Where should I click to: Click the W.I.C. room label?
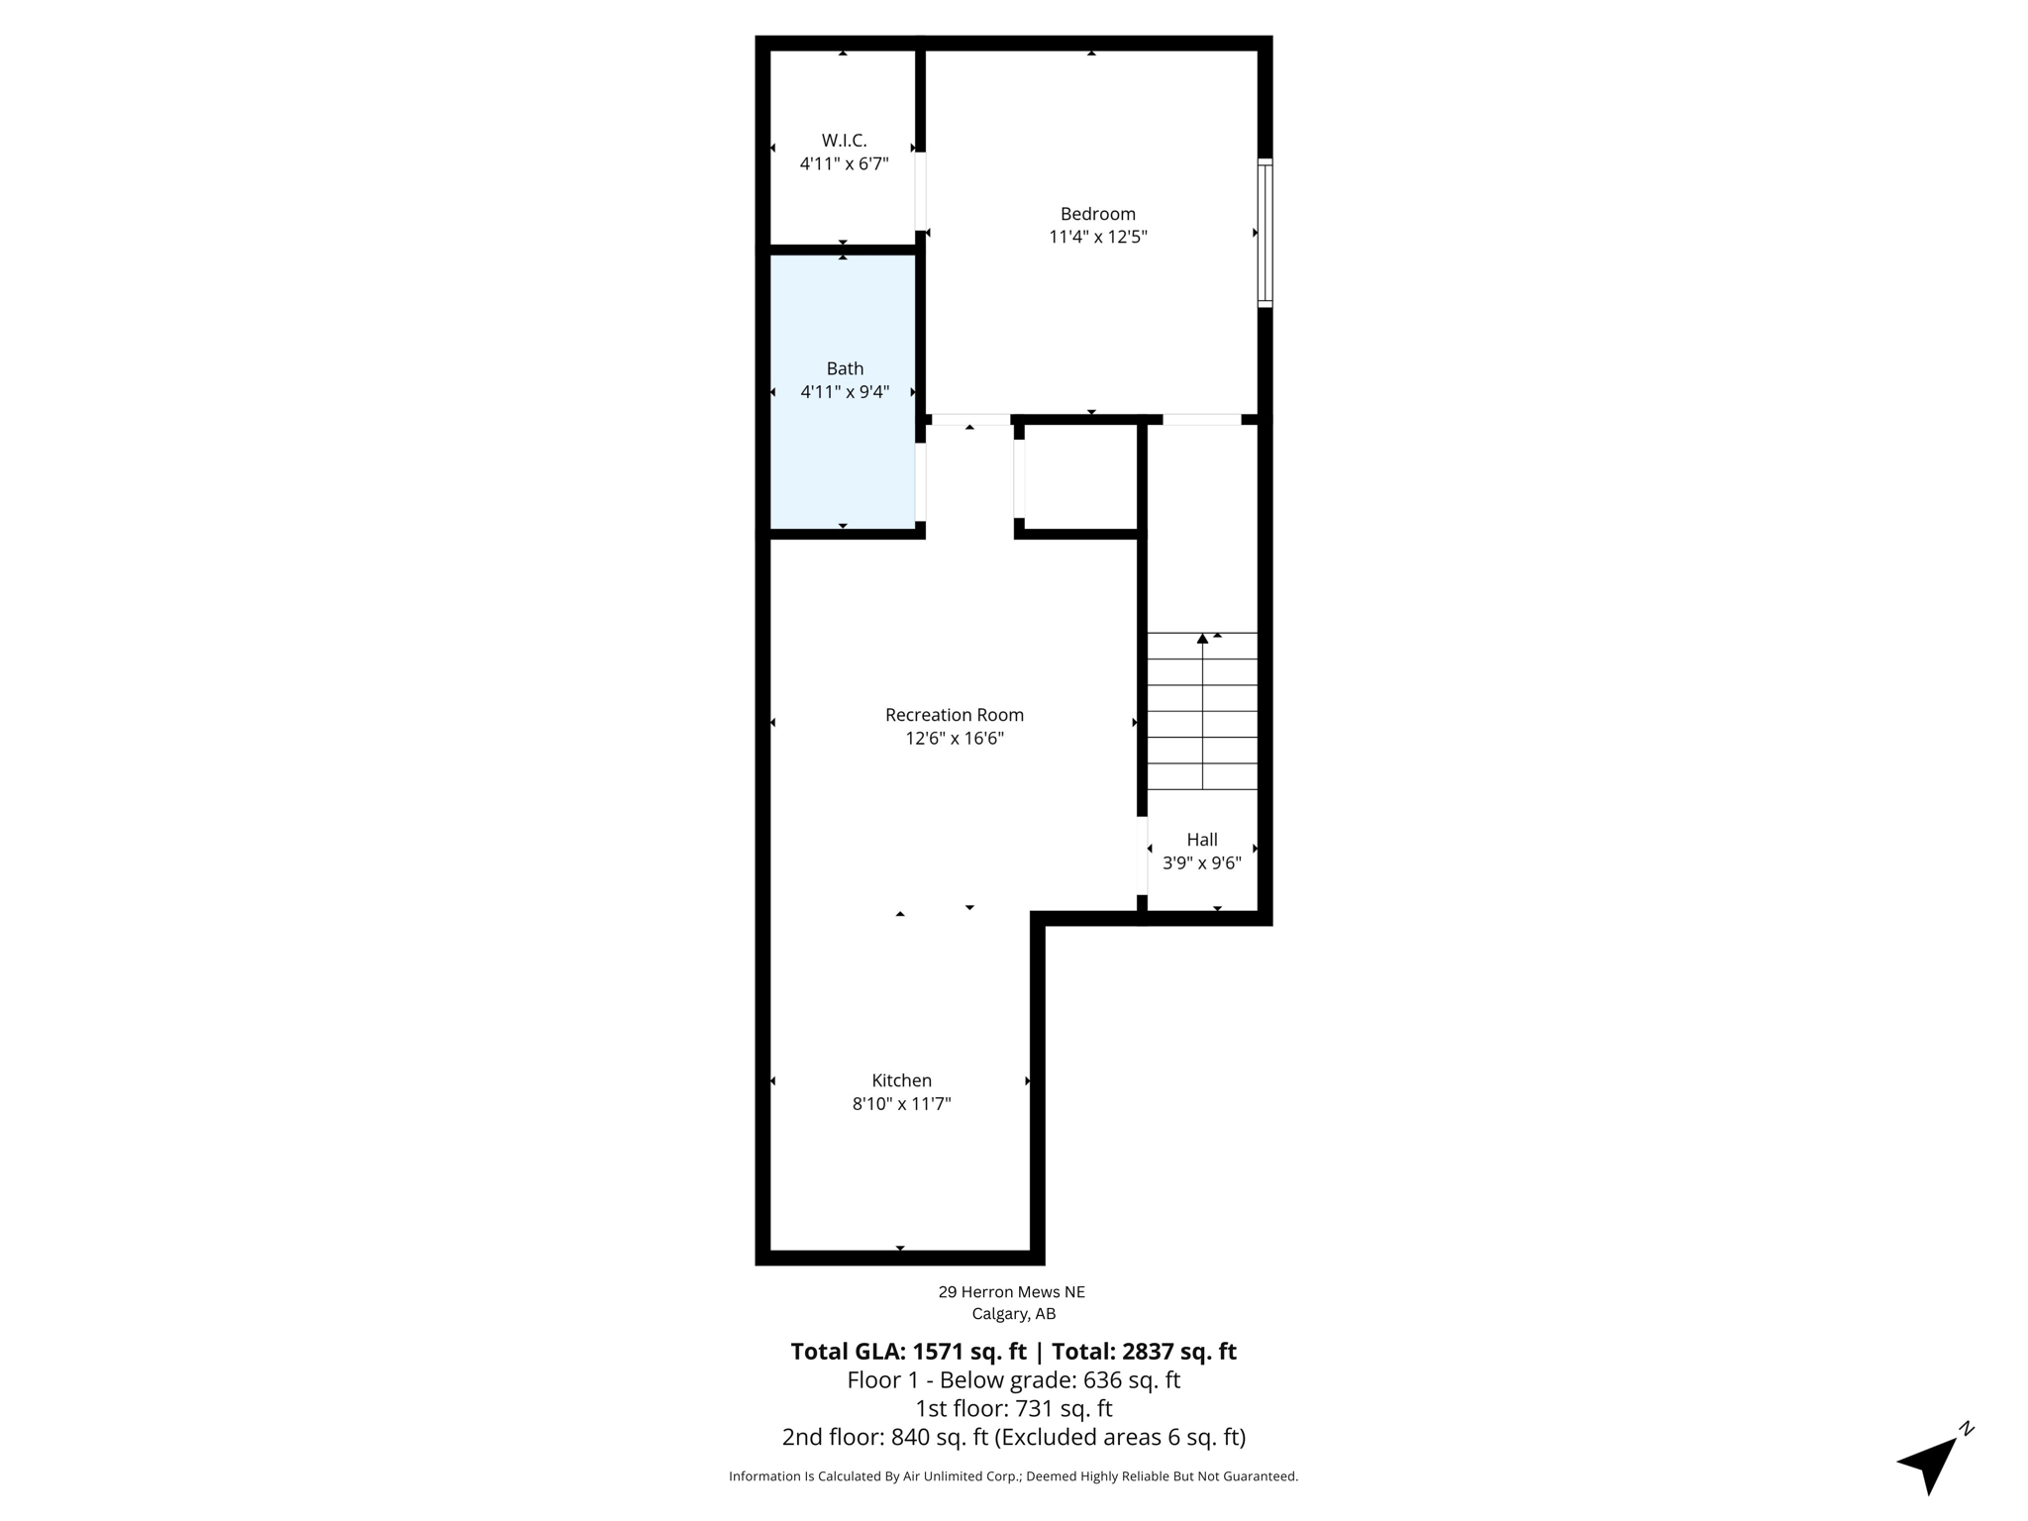(x=844, y=141)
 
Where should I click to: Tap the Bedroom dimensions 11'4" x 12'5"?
(x=1097, y=237)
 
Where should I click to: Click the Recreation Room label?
(x=954, y=715)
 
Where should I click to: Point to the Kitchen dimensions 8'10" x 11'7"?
(x=901, y=1104)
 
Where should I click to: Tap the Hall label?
(x=1201, y=840)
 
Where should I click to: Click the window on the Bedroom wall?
(x=1265, y=233)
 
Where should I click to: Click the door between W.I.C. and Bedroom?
(x=920, y=190)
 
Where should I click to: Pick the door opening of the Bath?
(x=920, y=481)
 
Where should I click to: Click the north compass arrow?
(x=1930, y=1464)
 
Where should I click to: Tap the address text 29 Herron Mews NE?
(x=1011, y=1292)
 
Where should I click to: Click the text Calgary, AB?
(x=1013, y=1315)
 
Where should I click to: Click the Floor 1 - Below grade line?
(x=1013, y=1380)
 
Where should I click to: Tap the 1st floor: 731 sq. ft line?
(x=1013, y=1408)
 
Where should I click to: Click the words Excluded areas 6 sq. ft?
(x=1119, y=1437)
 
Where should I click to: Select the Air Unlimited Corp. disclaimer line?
(x=1013, y=1476)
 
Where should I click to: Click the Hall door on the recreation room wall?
(x=1142, y=856)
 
